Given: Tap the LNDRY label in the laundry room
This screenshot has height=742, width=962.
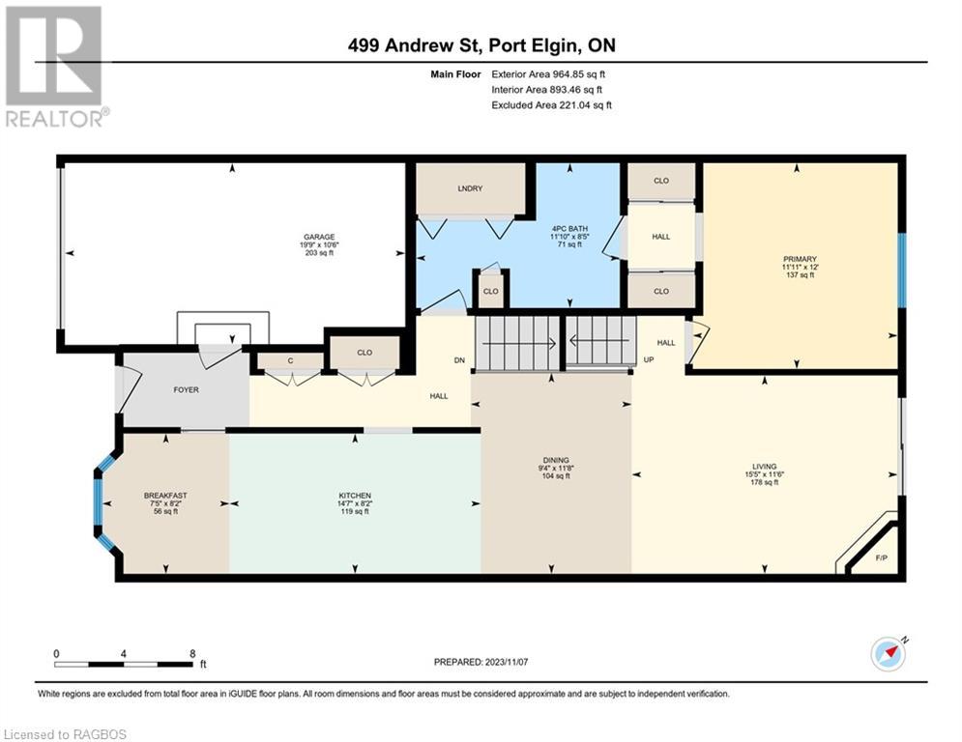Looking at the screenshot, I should (470, 187).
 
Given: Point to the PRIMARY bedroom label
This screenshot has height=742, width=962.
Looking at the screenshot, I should (800, 259).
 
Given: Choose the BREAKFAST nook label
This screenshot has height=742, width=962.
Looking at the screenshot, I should (165, 495).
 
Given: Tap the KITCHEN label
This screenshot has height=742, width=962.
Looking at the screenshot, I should (354, 495).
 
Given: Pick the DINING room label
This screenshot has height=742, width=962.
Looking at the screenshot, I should (555, 460).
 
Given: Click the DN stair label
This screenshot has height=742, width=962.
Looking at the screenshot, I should (460, 359).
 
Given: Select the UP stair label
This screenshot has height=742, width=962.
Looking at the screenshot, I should (650, 359).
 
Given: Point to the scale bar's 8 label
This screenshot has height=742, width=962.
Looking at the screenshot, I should (191, 653).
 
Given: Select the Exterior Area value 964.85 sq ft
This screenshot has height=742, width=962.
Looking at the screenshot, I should (577, 73).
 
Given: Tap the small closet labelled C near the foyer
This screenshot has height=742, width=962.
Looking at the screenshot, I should (289, 361).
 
